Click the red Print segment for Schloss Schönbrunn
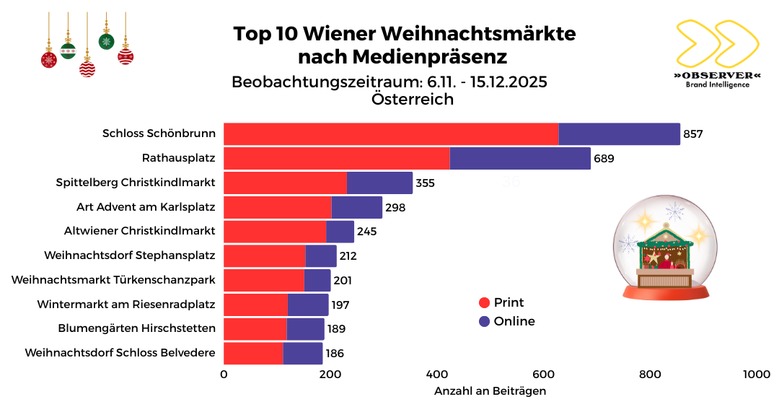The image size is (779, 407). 390,134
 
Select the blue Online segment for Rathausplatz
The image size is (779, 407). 520,159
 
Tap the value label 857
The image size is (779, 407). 693,134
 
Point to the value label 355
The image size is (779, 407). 425,183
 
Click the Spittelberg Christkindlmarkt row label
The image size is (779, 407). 136,183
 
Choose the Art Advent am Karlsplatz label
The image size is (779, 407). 146,207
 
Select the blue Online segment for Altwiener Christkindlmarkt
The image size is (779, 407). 340,232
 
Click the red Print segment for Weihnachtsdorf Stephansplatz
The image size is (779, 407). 264,256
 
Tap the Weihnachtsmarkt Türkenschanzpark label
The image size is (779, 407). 113,280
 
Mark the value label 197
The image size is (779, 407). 340,305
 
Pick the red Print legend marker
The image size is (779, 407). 484,303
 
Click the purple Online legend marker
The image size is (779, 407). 484,322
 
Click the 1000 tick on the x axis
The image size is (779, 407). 756,375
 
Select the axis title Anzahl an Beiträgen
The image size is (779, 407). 490,391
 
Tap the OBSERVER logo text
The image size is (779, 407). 717,75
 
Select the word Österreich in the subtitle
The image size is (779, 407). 413,100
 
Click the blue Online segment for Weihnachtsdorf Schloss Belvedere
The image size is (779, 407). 302,354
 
